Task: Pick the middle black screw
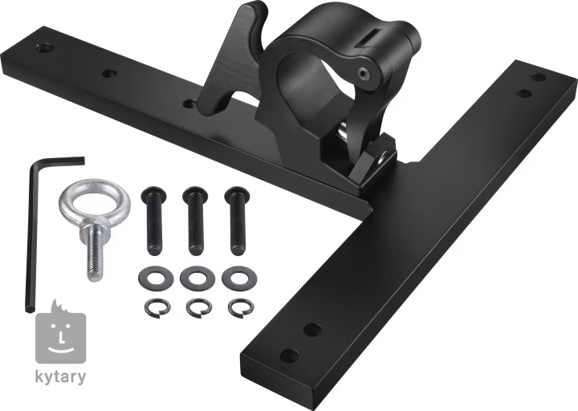pos(194,222)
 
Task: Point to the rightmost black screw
pos(237,222)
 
